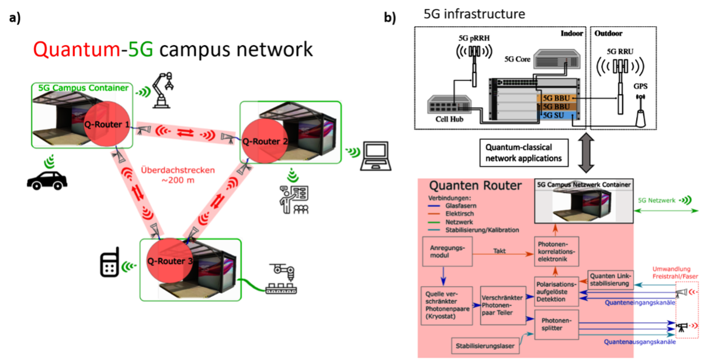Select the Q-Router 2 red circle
[x=265, y=141]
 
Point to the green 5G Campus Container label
[x=83, y=88]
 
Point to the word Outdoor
[x=609, y=33]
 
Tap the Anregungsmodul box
[x=447, y=252]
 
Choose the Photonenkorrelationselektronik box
[x=557, y=252]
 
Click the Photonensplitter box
[x=556, y=325]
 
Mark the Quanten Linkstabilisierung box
[x=610, y=279]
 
